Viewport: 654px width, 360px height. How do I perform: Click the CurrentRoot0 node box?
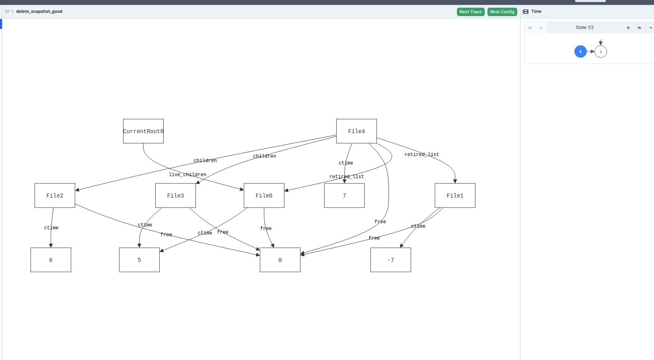tap(143, 131)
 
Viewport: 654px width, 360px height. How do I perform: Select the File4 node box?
tap(356, 131)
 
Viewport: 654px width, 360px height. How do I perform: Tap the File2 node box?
tap(55, 195)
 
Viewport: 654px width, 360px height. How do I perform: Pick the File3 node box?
tap(175, 195)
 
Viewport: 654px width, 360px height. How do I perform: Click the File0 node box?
tap(264, 195)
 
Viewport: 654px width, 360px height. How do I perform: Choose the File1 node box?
tap(455, 195)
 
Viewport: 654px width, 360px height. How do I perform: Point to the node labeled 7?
tap(344, 195)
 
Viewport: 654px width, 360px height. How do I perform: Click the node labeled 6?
tap(51, 260)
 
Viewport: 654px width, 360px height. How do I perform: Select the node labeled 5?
tap(139, 260)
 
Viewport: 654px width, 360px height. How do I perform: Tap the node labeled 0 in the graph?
tap(280, 260)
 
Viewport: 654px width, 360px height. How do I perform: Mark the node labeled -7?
tap(391, 260)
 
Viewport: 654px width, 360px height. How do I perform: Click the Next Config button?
tap(502, 12)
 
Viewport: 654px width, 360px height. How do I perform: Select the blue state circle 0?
tap(580, 51)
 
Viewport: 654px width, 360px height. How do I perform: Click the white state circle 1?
tap(601, 51)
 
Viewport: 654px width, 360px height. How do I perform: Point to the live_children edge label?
tap(187, 175)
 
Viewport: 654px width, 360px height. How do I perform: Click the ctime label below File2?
tap(51, 228)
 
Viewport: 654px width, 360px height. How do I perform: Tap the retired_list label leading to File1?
tap(422, 154)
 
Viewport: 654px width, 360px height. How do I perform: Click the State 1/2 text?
tap(584, 27)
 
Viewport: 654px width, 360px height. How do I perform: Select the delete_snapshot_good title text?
tap(39, 11)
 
